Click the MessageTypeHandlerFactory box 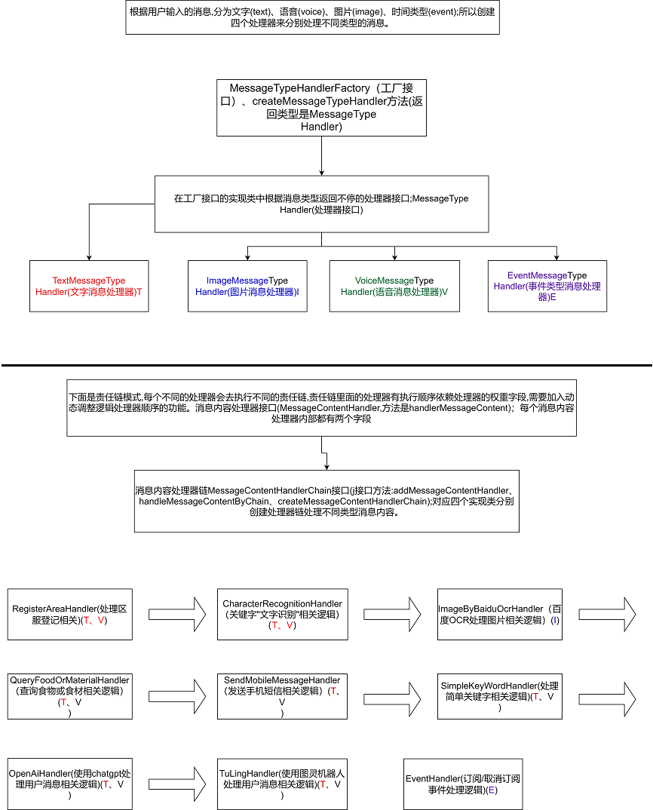tap(321, 107)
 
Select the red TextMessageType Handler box tap(89, 286)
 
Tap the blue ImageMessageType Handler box tap(247, 286)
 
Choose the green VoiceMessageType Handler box tap(394, 286)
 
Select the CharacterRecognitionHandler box tap(282, 614)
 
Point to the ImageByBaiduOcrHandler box tap(500, 614)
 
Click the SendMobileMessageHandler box tap(282, 696)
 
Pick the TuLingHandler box tap(282, 784)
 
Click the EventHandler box tap(463, 784)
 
